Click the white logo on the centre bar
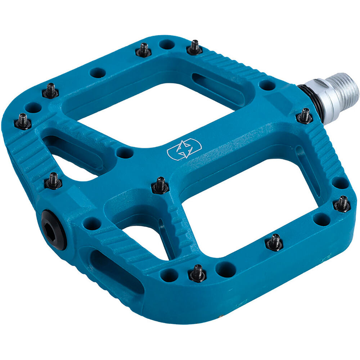tap(184, 149)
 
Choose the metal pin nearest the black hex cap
tap(53, 180)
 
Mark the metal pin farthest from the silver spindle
tap(22, 121)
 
